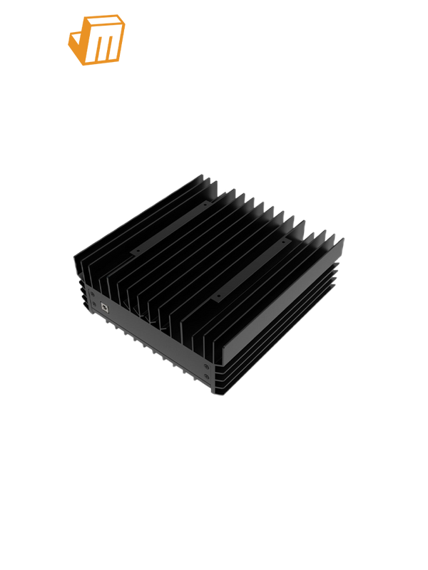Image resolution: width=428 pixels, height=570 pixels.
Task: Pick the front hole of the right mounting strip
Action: tap(218, 294)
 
